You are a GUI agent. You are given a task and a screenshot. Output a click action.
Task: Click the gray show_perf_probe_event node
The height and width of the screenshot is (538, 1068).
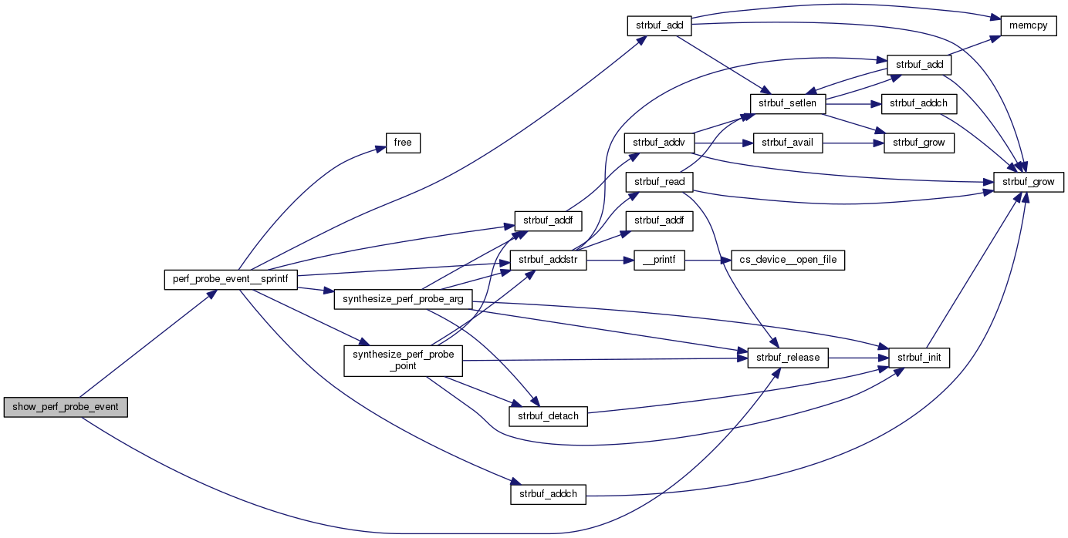[65, 408]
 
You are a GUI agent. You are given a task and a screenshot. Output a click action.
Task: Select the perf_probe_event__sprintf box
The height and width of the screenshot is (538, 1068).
[231, 280]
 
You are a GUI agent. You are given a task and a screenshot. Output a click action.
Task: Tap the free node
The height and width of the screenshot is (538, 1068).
[403, 143]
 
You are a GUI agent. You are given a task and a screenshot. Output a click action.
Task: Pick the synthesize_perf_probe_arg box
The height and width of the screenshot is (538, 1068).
[403, 299]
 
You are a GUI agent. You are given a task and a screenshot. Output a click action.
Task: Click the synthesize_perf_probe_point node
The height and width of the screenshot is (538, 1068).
[403, 360]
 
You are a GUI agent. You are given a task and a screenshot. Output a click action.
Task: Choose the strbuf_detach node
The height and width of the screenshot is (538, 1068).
[548, 415]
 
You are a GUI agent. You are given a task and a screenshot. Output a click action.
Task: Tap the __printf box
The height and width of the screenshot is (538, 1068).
[659, 261]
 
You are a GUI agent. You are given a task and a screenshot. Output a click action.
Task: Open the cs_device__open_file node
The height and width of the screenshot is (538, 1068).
[782, 261]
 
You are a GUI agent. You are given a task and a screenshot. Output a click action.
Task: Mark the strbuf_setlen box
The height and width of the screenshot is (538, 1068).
[788, 103]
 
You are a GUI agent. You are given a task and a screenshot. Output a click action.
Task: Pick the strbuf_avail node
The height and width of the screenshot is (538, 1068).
[788, 143]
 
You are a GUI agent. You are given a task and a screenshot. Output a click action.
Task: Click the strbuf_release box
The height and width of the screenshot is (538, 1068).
[788, 358]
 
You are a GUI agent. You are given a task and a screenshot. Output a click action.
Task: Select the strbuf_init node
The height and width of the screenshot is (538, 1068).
[918, 358]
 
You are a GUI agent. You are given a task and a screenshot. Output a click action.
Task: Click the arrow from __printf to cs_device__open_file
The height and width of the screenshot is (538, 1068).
[702, 261]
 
